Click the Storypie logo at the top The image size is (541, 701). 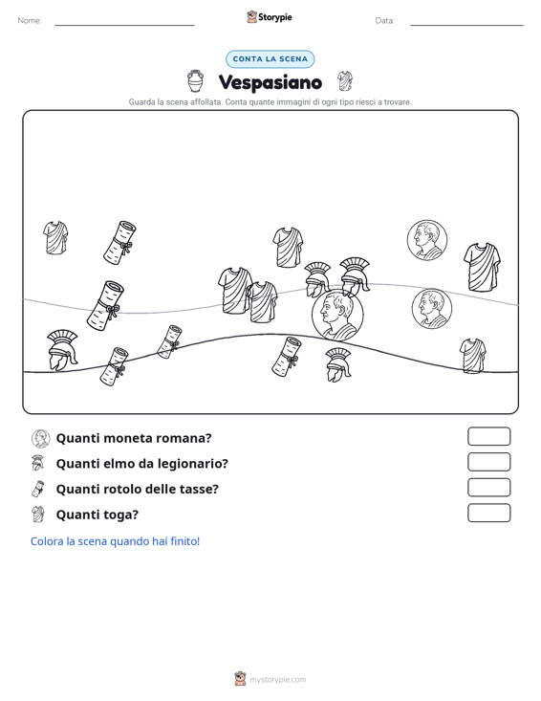[x=270, y=17]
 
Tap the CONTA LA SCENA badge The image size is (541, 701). [x=270, y=59]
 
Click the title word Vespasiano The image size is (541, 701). [x=270, y=82]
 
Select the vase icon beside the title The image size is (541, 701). [x=195, y=81]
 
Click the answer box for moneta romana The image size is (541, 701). [x=488, y=436]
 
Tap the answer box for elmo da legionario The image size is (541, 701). [x=488, y=462]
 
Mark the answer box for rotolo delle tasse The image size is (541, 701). [x=488, y=488]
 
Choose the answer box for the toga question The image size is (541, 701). [x=488, y=513]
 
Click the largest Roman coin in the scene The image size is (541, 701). [x=337, y=315]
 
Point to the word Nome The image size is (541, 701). [x=30, y=21]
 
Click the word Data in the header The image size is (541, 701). [x=384, y=21]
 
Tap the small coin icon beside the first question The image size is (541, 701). [x=41, y=439]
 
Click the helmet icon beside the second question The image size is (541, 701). [x=38, y=463]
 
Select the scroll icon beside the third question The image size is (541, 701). [x=38, y=489]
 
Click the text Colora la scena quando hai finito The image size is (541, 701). [x=116, y=541]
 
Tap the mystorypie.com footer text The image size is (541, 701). [x=278, y=680]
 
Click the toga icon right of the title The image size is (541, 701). [x=345, y=81]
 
